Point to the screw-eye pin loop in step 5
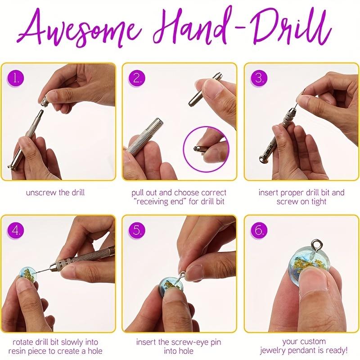click(x=183, y=274)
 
